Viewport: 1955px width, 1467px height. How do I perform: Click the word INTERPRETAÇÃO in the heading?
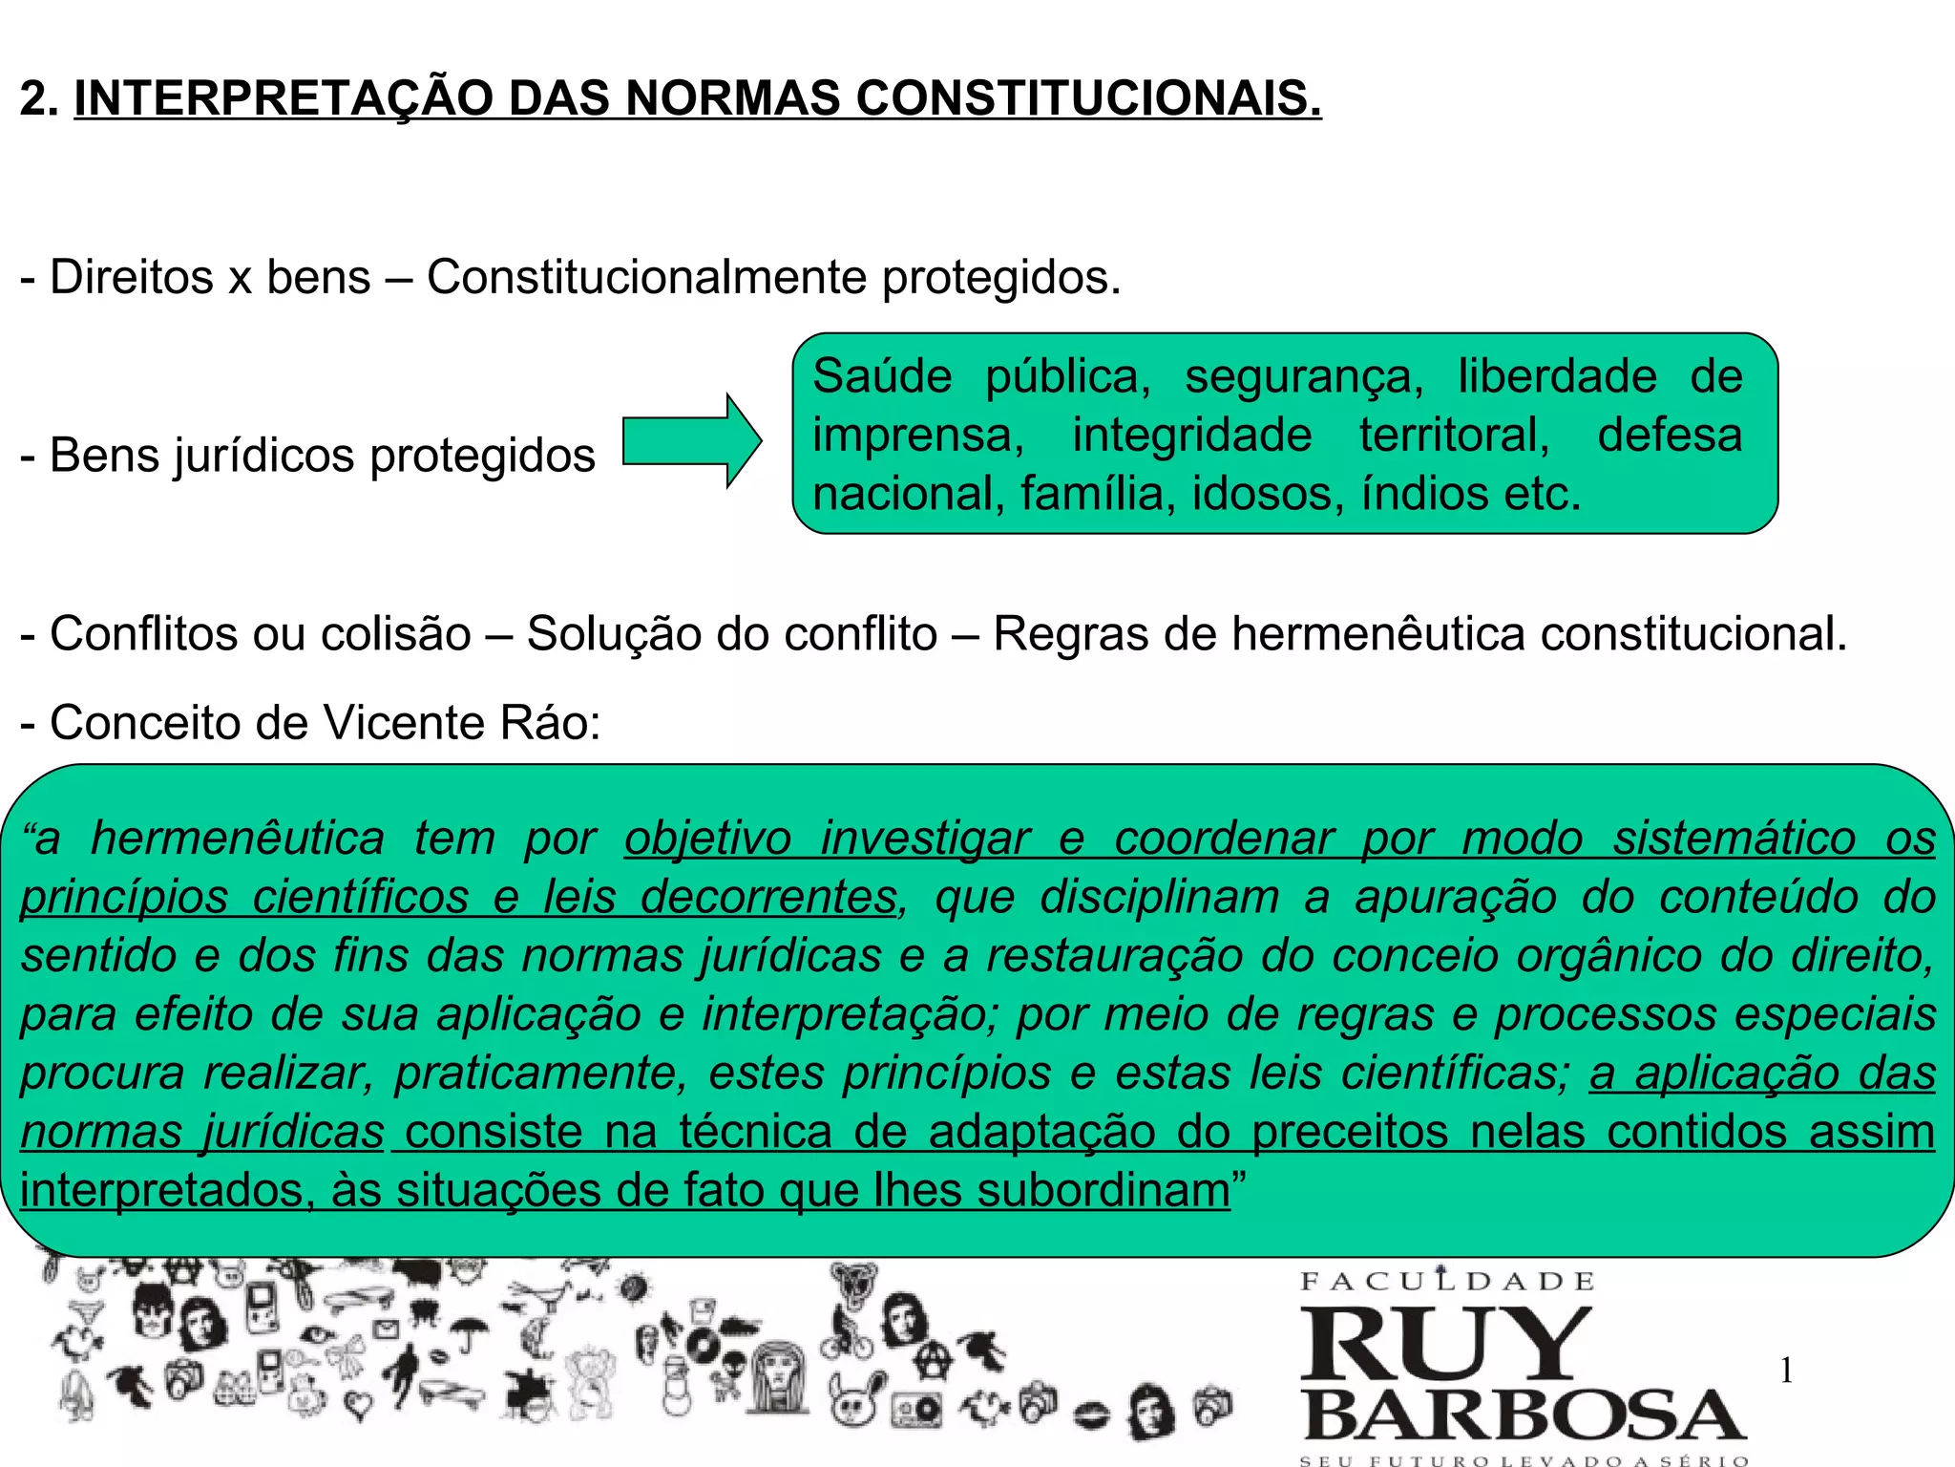click(x=284, y=98)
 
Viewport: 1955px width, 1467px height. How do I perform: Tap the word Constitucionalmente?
click(x=646, y=278)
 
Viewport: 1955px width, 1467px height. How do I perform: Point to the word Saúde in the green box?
click(x=882, y=376)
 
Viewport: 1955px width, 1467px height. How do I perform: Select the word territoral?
click(x=1455, y=436)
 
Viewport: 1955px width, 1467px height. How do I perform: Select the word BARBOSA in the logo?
click(x=1524, y=1415)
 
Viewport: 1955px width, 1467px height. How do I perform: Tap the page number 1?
click(x=1786, y=1372)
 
